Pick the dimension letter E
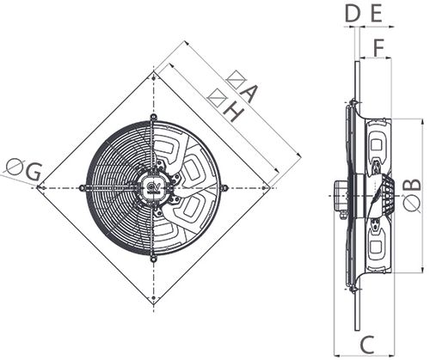point(375,13)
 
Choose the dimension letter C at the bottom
point(365,345)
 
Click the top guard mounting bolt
point(153,116)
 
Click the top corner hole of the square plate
point(153,75)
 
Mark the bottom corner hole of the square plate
point(153,301)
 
